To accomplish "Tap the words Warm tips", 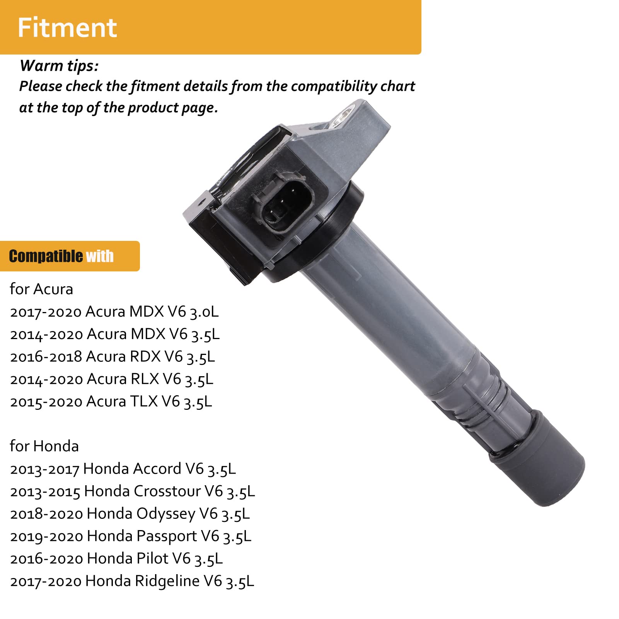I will coord(59,66).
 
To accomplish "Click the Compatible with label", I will coord(61,256).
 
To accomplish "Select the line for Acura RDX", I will coord(112,357).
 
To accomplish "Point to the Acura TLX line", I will coord(111,402).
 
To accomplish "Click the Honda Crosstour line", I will coord(132,491).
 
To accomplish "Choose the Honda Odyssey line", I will coord(130,514).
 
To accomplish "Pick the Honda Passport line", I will coord(131,536).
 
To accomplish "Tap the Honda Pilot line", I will coord(116,559).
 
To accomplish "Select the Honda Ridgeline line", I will coord(132,581).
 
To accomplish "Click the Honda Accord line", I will coord(123,469).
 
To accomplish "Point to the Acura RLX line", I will coord(111,379).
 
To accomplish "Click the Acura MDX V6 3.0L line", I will coord(114,312).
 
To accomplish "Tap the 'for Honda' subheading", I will coord(44,446).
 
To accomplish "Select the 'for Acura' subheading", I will coord(41,289).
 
